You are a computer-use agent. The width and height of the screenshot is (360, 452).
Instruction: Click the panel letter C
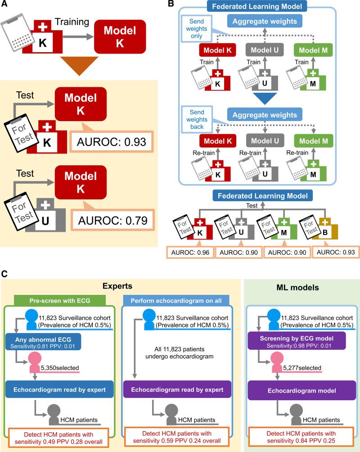point(4,273)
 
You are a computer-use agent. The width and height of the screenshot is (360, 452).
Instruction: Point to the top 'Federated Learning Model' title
point(263,6)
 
